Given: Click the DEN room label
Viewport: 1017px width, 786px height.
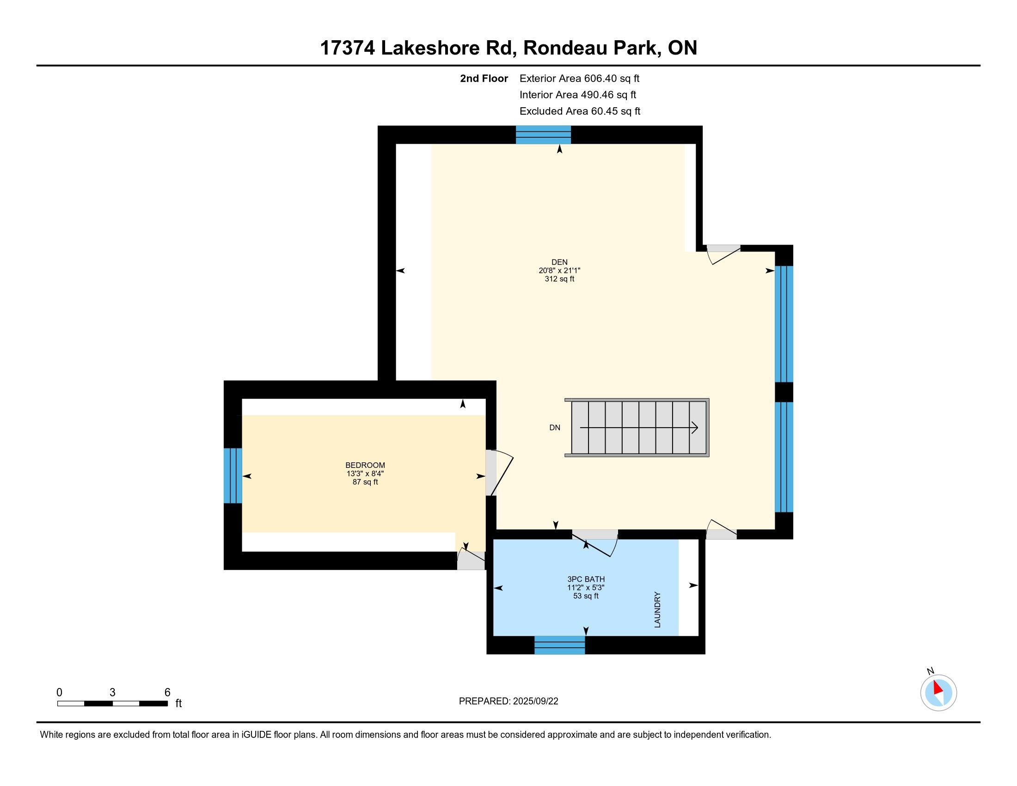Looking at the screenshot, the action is [x=559, y=262].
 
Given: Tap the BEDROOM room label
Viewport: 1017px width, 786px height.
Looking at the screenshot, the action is [x=365, y=465].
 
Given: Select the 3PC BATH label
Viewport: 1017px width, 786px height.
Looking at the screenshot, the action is [x=586, y=579].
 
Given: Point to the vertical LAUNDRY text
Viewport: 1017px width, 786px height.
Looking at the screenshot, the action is [x=657, y=609].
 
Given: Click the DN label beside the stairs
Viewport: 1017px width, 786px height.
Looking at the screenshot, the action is [x=555, y=428].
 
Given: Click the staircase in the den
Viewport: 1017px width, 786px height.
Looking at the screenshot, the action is [x=637, y=428].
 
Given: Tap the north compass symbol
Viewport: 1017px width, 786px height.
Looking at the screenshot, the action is [x=938, y=692].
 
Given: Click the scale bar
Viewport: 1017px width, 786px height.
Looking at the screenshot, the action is [x=112, y=703].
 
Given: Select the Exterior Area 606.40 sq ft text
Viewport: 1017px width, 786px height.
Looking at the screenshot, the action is [x=579, y=79].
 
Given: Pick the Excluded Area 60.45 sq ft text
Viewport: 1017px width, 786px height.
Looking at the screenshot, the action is [x=580, y=111].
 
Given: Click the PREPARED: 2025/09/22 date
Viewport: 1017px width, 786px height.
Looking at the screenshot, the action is [x=508, y=701].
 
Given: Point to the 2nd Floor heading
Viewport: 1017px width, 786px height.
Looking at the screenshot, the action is [x=484, y=79].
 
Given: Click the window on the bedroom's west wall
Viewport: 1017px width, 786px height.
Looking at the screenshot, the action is [x=233, y=475].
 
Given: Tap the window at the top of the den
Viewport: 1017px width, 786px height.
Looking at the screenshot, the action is [x=544, y=135].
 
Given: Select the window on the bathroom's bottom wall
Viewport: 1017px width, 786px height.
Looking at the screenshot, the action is [x=559, y=645].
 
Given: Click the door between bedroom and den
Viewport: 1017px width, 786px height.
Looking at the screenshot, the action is [x=498, y=473].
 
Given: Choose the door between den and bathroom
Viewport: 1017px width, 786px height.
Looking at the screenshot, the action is [x=595, y=543].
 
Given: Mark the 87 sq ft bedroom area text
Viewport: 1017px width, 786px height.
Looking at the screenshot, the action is [x=365, y=482].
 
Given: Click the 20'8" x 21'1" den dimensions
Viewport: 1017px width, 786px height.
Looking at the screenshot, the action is [x=559, y=270].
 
